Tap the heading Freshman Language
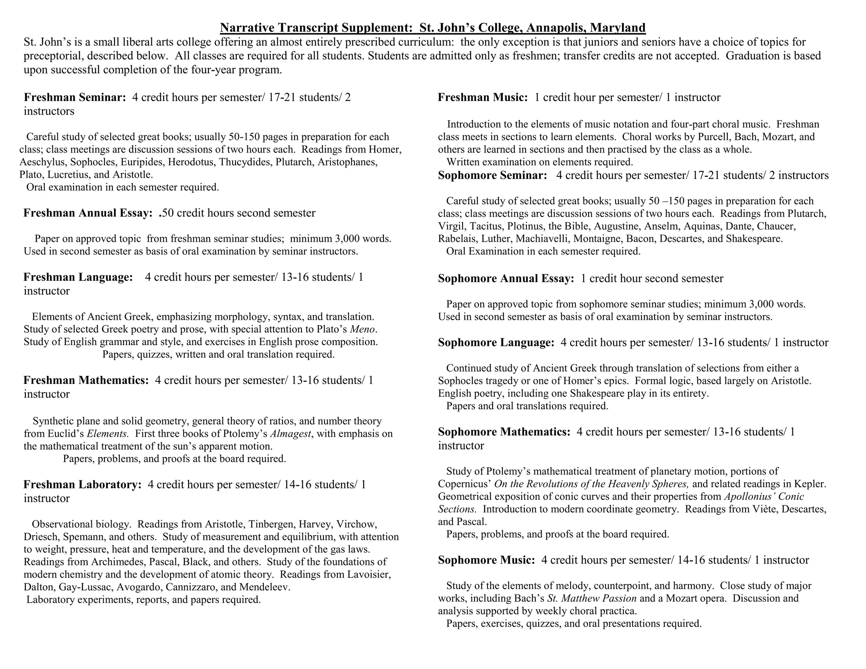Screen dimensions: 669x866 pos(78,277)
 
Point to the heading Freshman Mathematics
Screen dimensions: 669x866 pos(86,380)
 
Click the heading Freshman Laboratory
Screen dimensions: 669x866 pos(82,485)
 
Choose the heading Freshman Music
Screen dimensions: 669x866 pos(482,98)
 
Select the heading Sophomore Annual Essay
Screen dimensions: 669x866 pos(506,279)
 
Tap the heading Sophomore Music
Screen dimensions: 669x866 pos(486,560)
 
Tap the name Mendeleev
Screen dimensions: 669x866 pos(265,587)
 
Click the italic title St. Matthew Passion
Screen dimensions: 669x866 pos(592,598)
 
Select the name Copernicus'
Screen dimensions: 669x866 pos(464,484)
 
